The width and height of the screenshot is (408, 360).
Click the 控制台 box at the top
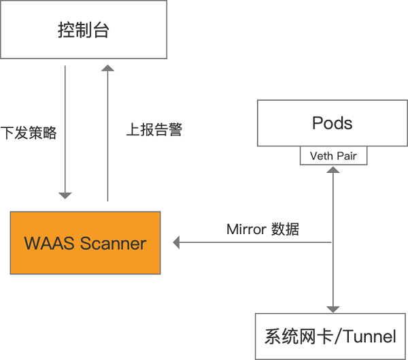(x=84, y=30)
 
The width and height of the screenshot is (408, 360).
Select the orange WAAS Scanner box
(x=85, y=243)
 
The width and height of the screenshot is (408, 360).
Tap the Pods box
(x=333, y=123)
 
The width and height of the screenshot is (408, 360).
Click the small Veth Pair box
(x=333, y=156)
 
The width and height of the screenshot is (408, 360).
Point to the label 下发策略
(x=29, y=133)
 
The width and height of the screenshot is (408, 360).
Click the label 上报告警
(x=154, y=129)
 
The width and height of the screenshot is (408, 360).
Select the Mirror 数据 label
(x=262, y=229)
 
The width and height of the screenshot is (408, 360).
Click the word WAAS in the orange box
(x=50, y=243)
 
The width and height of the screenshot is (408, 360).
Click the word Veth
(x=320, y=156)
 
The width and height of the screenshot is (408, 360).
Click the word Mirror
(x=246, y=229)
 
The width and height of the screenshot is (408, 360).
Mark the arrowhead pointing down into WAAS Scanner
(x=65, y=196)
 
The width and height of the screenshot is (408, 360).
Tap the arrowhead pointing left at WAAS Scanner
(x=176, y=242)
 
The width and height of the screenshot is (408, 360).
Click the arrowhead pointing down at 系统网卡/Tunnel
(x=333, y=309)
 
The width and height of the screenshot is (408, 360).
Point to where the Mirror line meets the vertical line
(x=333, y=242)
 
